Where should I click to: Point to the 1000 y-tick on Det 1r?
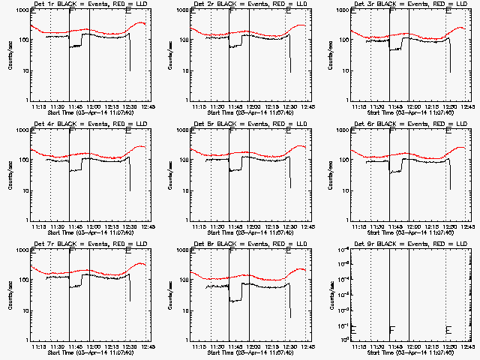pos(23,11)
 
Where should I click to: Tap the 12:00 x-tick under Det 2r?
pos(249,106)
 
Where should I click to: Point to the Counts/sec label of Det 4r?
pos(10,174)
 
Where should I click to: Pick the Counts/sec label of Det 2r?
pos(170,54)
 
